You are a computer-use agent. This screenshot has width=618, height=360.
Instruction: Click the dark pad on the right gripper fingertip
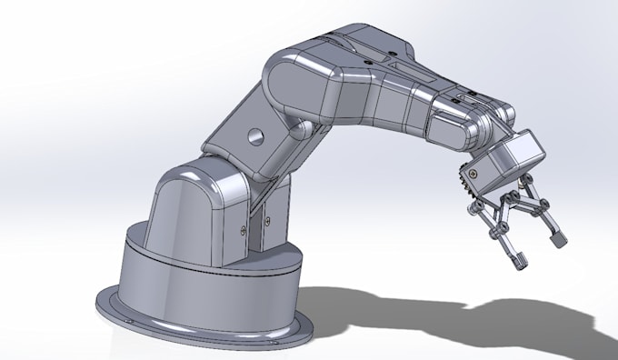[x=559, y=241]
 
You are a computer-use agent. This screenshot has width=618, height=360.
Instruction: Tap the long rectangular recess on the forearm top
[x=409, y=68]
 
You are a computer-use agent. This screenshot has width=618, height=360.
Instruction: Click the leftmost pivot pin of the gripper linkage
[x=474, y=210]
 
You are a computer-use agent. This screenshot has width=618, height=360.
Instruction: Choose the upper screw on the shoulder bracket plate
[x=244, y=217]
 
